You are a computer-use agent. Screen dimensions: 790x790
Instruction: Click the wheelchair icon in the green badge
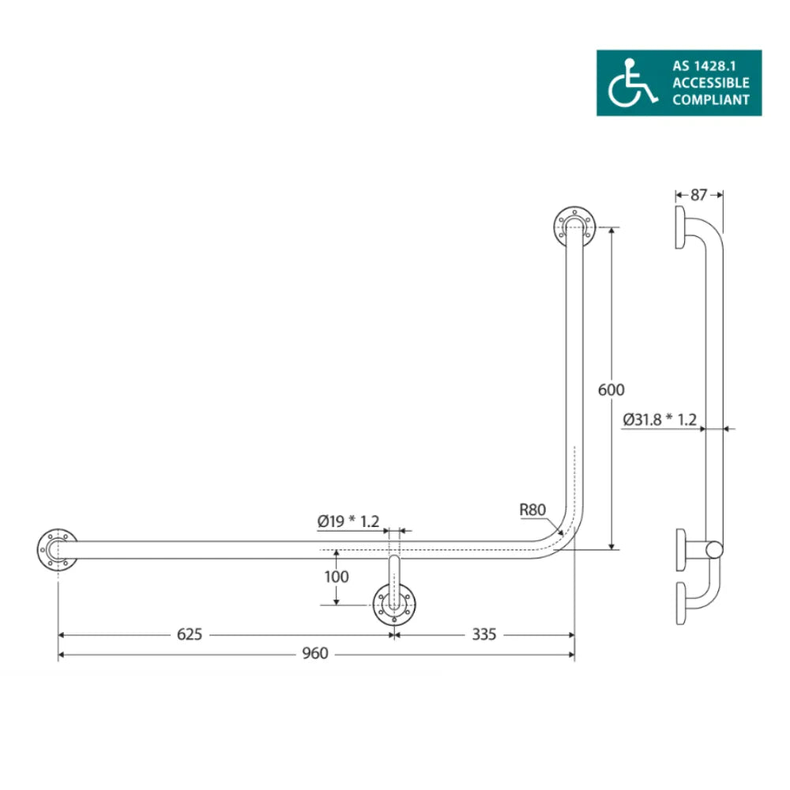(632, 83)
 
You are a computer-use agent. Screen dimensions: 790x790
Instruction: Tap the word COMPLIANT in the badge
(711, 100)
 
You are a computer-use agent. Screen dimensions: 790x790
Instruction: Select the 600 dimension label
(611, 389)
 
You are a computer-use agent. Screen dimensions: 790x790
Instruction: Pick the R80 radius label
(532, 510)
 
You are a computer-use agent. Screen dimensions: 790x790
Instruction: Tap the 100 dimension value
(337, 577)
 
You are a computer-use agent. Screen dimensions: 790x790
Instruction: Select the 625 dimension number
(190, 634)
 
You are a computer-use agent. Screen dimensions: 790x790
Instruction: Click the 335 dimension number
(483, 634)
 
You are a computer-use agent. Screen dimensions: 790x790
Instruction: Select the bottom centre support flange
(393, 607)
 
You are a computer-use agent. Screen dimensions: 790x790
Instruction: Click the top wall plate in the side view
(681, 228)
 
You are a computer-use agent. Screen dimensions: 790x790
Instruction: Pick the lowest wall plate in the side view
(681, 604)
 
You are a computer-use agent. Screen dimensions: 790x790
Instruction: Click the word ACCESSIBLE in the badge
(711, 82)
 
